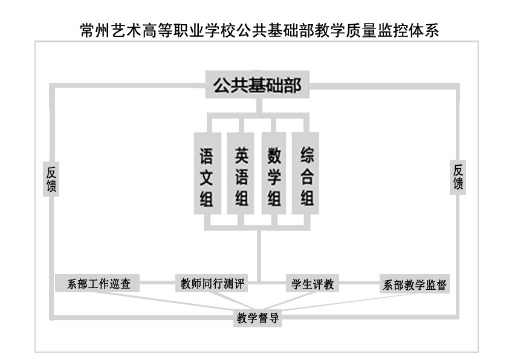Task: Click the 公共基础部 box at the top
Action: pyautogui.click(x=257, y=84)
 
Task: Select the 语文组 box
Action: pyautogui.click(x=207, y=173)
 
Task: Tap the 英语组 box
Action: pyautogui.click(x=240, y=173)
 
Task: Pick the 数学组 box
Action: pyautogui.click(x=274, y=173)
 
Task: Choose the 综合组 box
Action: pyautogui.click(x=305, y=173)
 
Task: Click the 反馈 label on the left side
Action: pyautogui.click(x=51, y=179)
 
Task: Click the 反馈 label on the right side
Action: pyautogui.click(x=458, y=177)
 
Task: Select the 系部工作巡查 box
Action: pyautogui.click(x=97, y=283)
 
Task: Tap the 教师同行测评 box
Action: pyautogui.click(x=212, y=283)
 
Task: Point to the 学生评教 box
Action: pyautogui.click(x=313, y=283)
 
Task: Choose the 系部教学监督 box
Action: pyautogui.click(x=415, y=284)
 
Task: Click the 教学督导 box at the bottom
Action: pyautogui.click(x=258, y=318)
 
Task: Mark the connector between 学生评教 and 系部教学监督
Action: pyautogui.click(x=359, y=283)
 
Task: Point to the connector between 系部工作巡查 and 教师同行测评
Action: pyautogui.click(x=157, y=283)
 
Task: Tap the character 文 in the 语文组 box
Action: pyautogui.click(x=207, y=177)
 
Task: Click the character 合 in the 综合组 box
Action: pyautogui.click(x=306, y=177)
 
